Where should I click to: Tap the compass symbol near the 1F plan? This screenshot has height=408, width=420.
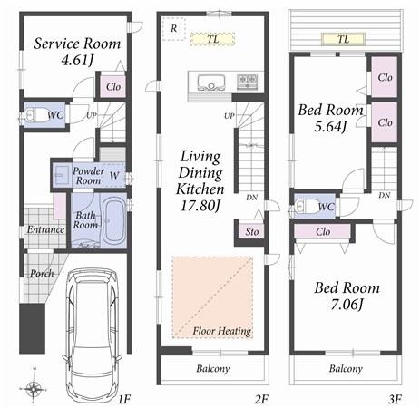34,388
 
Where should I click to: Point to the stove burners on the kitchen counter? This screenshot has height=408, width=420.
247,81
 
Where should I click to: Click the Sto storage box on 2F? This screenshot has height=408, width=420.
250,232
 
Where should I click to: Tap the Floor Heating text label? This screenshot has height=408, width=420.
221,332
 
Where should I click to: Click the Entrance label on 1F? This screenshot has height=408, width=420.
44,229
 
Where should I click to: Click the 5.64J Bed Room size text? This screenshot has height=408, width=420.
330,126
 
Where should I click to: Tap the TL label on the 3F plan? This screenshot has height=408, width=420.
343,39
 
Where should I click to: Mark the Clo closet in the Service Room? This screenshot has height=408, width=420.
113,87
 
